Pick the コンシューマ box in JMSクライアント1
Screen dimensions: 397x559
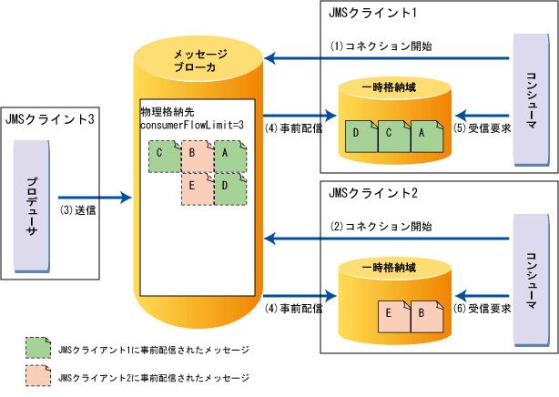click(x=534, y=89)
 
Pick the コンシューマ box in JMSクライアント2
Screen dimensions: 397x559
click(x=534, y=269)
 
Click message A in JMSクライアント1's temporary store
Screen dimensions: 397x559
click(x=424, y=135)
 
